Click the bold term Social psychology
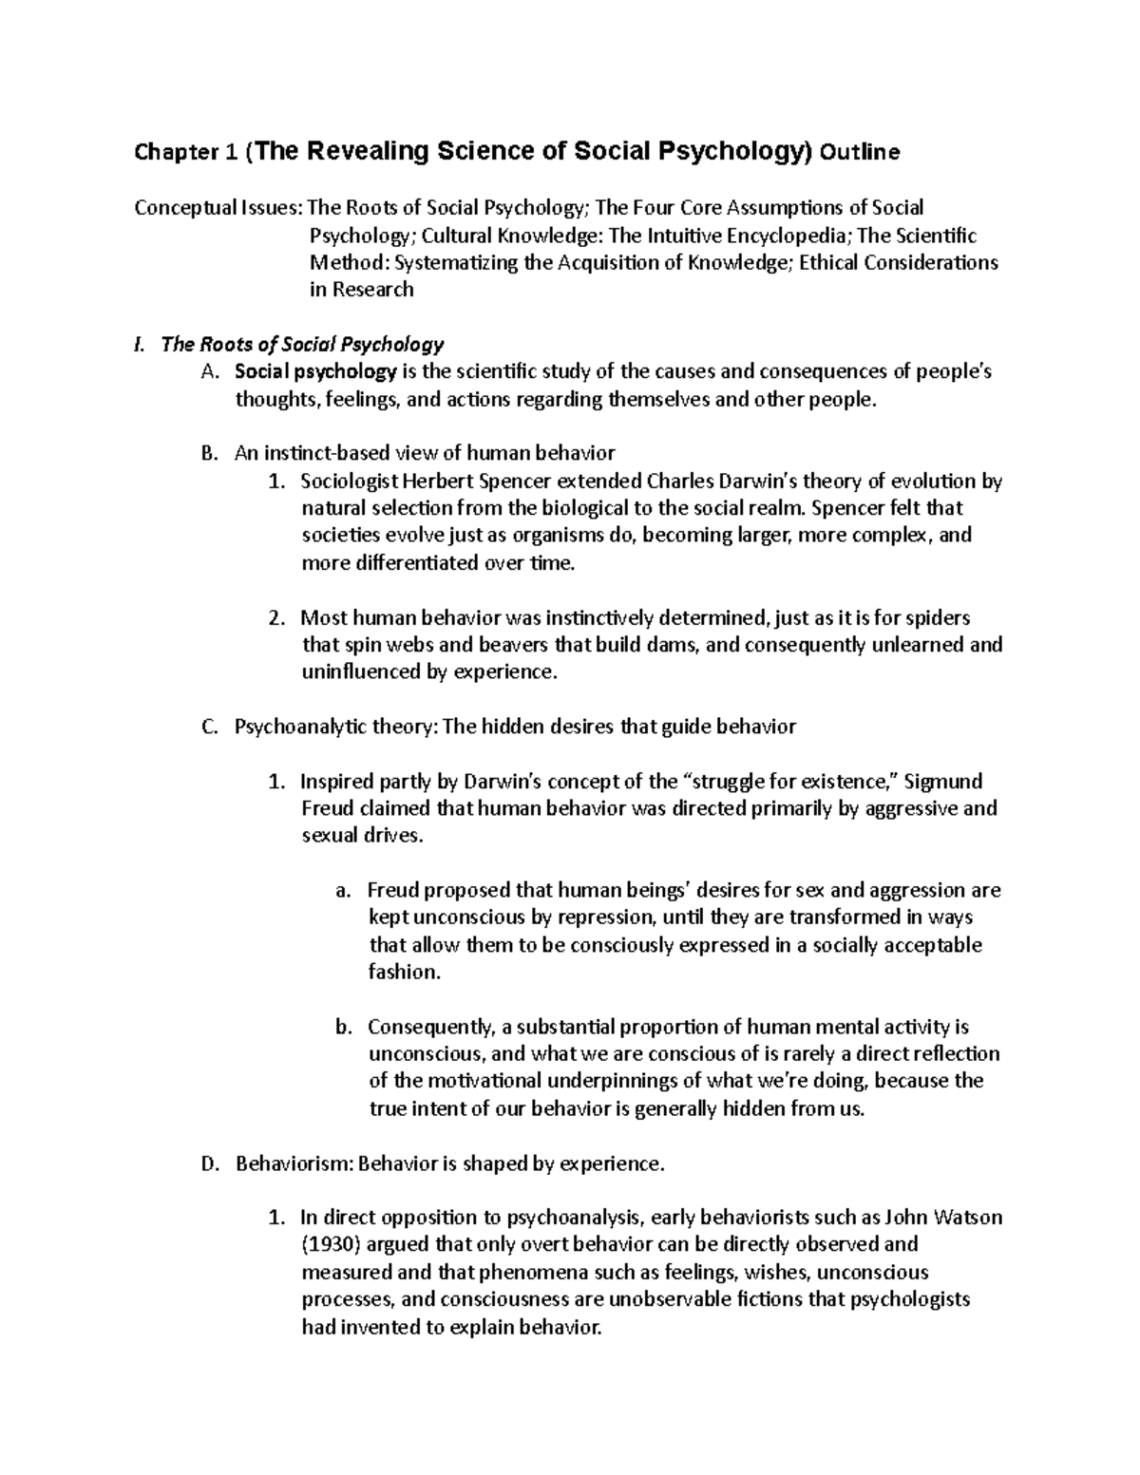tap(316, 372)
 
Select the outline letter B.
tap(210, 454)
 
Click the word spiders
tap(937, 618)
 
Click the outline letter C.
tap(210, 728)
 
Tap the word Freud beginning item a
tap(393, 892)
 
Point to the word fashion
tap(403, 974)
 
